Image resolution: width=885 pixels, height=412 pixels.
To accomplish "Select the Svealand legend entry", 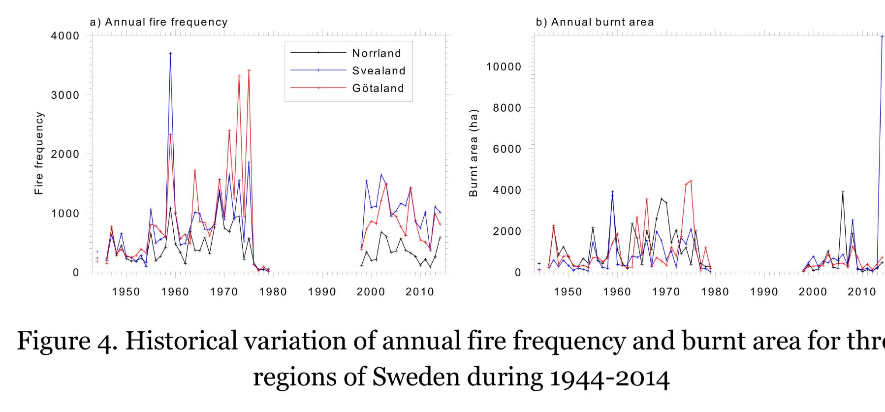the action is click(348, 70).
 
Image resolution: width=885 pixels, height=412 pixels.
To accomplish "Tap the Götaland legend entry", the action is click(347, 88).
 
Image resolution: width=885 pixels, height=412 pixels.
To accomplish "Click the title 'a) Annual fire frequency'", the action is click(158, 22).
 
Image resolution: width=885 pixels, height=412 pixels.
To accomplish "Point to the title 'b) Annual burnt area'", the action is click(595, 22).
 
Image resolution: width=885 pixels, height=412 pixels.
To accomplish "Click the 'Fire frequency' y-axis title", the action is click(39, 153).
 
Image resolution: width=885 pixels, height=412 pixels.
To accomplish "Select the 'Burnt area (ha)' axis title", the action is click(474, 153).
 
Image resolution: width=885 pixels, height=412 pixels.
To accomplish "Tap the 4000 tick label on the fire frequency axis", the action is click(65, 36).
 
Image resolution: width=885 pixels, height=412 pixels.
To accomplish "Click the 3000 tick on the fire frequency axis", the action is click(65, 95).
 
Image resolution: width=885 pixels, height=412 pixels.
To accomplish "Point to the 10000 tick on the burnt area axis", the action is click(504, 66).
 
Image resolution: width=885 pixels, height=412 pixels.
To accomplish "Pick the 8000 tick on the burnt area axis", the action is click(507, 108).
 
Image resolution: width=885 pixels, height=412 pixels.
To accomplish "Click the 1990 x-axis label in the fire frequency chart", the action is click(322, 292).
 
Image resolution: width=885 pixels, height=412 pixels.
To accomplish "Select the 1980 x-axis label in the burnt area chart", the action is click(715, 292).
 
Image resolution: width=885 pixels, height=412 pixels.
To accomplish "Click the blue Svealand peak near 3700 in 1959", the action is click(170, 53).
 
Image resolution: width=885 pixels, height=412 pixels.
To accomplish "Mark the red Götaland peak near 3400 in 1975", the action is click(249, 70).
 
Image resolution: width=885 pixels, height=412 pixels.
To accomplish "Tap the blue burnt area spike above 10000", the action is click(882, 36).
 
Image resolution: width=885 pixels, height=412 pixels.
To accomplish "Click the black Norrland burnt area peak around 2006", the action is click(843, 192).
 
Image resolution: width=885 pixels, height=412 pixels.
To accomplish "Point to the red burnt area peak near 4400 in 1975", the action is click(691, 181).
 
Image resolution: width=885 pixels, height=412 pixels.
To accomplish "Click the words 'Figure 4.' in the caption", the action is click(67, 341).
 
